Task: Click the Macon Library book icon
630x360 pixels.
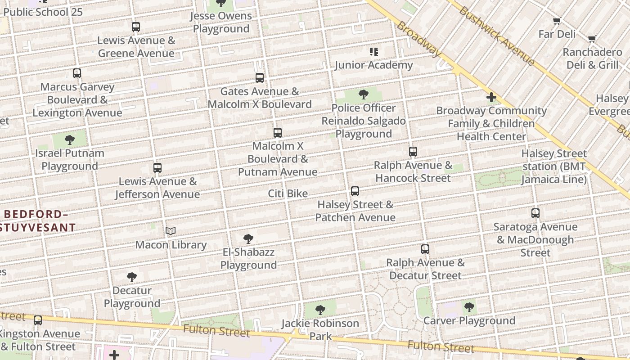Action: coord(170,231)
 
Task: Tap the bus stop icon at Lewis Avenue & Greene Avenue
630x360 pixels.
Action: coord(136,27)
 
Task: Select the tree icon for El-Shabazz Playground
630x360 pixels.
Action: coord(248,238)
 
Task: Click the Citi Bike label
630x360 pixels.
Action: coord(288,193)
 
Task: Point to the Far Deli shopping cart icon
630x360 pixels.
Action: coord(557,21)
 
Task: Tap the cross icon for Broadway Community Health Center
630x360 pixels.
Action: coord(491,97)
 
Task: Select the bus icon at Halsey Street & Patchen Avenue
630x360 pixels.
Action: coord(355,191)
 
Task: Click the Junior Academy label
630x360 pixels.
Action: coord(373,65)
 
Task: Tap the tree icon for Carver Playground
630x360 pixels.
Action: coord(469,307)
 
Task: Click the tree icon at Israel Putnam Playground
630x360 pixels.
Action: coord(70,140)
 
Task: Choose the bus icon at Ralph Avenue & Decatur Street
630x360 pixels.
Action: coord(425,249)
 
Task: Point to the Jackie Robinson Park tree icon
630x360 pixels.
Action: coord(320,310)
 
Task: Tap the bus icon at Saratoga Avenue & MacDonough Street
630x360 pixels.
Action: coord(535,213)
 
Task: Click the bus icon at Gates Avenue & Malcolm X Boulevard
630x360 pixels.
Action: coord(260,78)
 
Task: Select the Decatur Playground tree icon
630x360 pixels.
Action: coord(132,277)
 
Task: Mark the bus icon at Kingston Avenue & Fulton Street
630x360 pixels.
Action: coord(38,320)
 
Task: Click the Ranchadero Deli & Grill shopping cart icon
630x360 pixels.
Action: coord(592,39)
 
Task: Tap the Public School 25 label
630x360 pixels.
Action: coord(43,12)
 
